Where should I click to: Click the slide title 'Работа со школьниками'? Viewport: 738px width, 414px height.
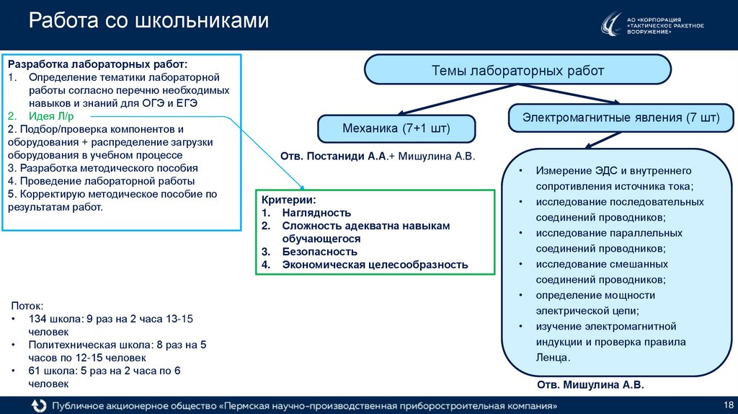point(148,22)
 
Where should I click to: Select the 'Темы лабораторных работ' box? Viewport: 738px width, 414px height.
point(517,71)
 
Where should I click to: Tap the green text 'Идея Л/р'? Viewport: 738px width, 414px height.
point(50,116)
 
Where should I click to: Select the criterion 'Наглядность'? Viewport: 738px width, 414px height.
point(316,213)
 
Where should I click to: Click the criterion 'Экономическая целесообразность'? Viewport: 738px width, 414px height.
point(375,265)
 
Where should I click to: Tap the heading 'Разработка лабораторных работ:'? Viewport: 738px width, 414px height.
point(97,63)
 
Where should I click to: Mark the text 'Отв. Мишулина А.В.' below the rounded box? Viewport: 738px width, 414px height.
point(590,385)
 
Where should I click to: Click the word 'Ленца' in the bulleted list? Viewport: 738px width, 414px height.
point(552,357)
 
